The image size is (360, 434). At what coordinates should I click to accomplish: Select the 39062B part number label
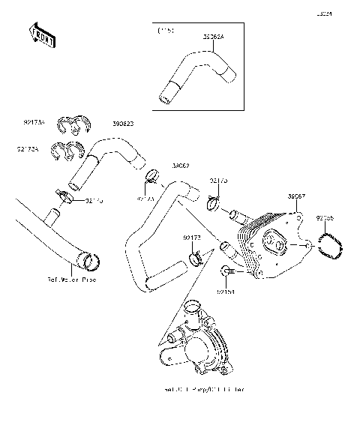point(124,124)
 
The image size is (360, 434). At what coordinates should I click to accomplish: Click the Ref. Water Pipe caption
point(72,280)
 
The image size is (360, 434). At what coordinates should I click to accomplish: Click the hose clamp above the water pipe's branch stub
point(66,198)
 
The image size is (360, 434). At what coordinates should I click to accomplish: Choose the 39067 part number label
point(295,196)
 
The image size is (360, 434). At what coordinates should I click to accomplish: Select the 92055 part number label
point(325,218)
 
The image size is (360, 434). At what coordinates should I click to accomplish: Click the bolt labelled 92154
point(226,269)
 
